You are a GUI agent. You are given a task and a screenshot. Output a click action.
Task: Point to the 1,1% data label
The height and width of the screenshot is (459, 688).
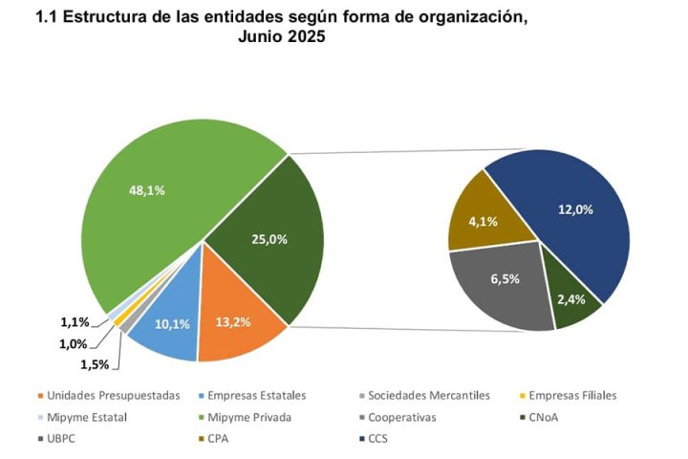74,322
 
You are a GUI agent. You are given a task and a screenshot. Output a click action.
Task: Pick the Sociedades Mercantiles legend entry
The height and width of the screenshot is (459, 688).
422,395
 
